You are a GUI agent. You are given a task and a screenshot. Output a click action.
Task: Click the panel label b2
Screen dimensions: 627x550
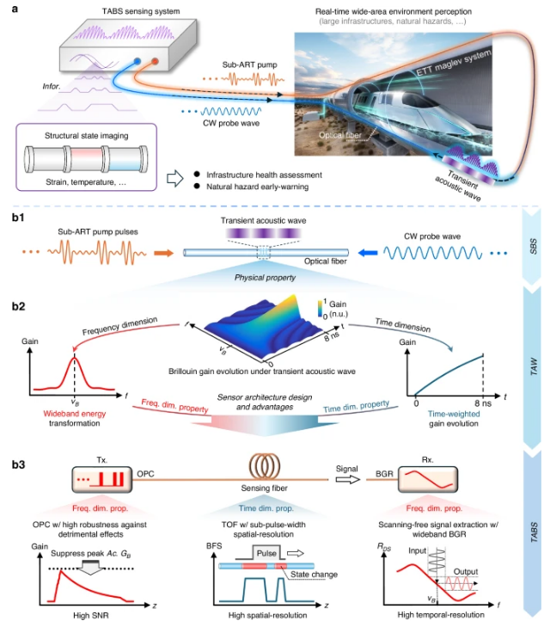pyautogui.click(x=17, y=308)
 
